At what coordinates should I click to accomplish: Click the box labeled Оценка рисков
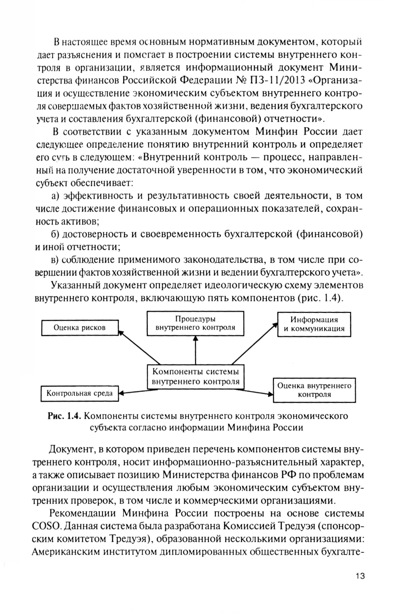pos(80,327)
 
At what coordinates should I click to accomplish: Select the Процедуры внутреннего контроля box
pos(195,323)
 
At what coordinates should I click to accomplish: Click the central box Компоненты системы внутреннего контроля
pos(195,377)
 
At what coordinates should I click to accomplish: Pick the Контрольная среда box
pos(79,393)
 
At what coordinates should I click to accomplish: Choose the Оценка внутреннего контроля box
pos(314,390)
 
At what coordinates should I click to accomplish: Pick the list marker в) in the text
pos(56,260)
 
